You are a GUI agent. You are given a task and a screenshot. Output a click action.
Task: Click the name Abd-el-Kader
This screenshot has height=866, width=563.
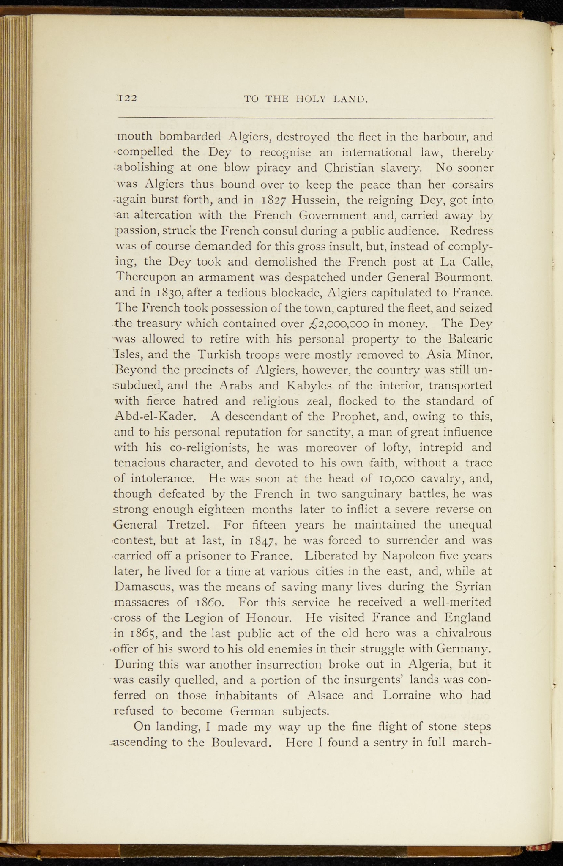click(155, 417)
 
